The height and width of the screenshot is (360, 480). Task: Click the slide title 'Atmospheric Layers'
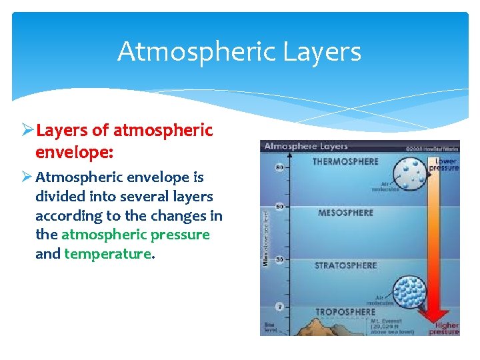[x=239, y=52]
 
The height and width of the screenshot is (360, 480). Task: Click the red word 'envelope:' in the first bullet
[x=74, y=153]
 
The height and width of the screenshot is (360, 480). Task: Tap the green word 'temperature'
[x=107, y=254]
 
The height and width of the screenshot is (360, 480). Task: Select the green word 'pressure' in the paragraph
[x=179, y=235]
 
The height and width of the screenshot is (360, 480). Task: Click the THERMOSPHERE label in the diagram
[x=345, y=161]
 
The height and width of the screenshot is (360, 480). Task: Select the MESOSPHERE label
[x=345, y=213]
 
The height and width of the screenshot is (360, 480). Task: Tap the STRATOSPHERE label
[x=345, y=265]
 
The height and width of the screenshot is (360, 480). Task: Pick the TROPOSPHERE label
[x=345, y=311]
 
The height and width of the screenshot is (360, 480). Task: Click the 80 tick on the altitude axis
[x=281, y=167]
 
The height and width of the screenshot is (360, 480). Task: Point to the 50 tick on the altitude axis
[x=281, y=207]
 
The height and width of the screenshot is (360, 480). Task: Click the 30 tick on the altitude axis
[x=281, y=259]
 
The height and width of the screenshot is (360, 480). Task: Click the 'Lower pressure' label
[x=445, y=164]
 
